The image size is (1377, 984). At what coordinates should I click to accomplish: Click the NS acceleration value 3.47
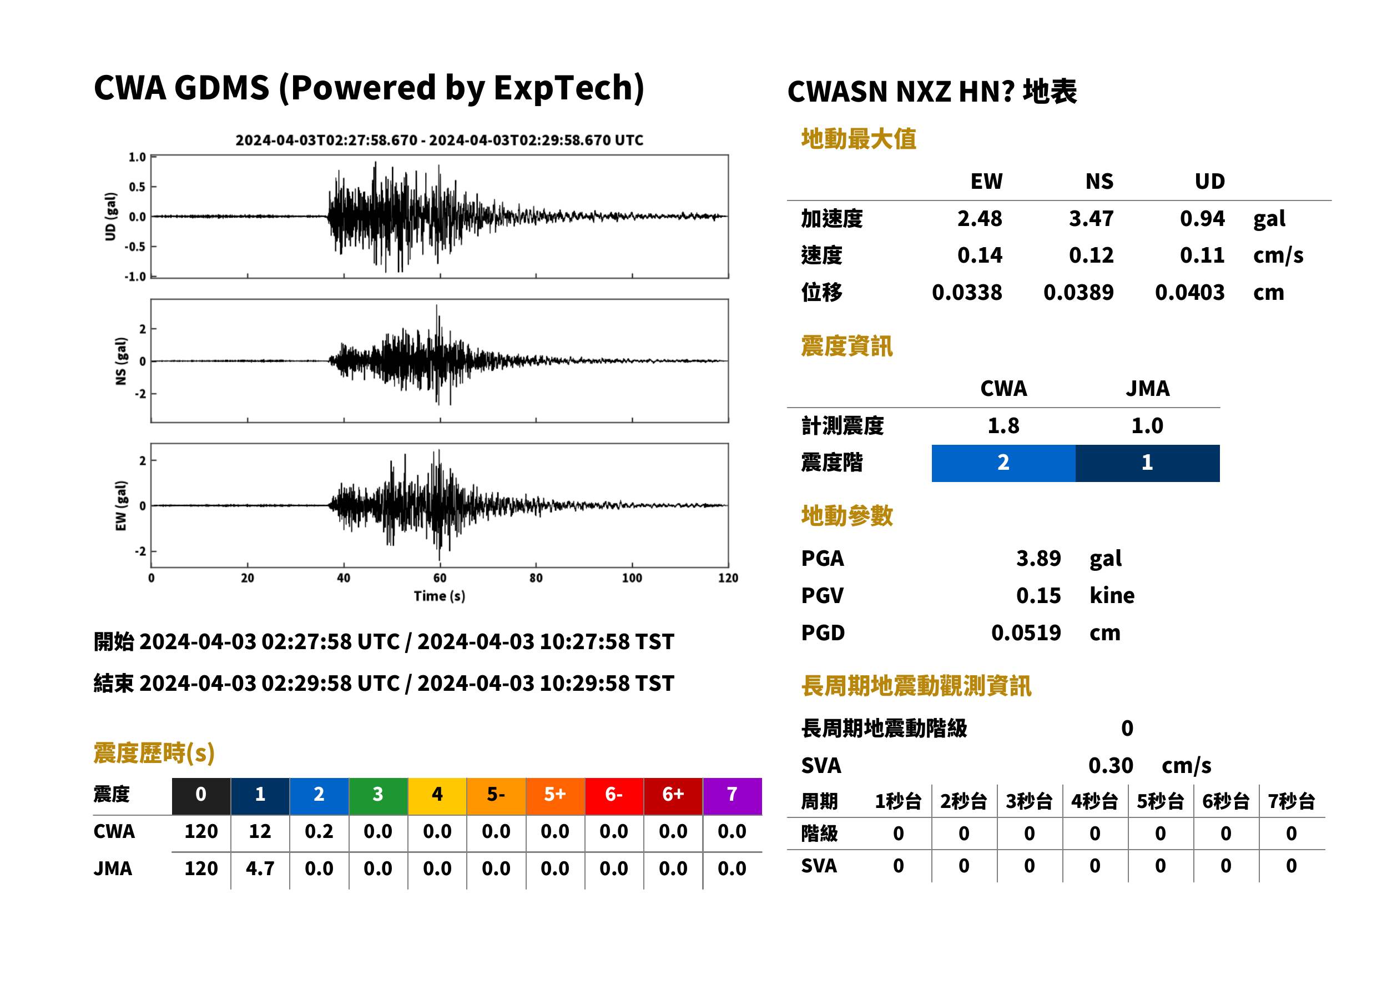pyautogui.click(x=1091, y=219)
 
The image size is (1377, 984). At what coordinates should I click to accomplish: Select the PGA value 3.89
pyautogui.click(x=1038, y=558)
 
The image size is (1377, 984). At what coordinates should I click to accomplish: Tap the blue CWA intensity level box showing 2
pyautogui.click(x=1003, y=463)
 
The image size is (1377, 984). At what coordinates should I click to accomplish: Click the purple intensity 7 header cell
pyautogui.click(x=732, y=796)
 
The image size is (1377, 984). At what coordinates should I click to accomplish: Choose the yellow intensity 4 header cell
pyautogui.click(x=437, y=796)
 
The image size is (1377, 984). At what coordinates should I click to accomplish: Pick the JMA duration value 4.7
pyautogui.click(x=260, y=868)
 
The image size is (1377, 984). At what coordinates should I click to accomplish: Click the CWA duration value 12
pyautogui.click(x=260, y=831)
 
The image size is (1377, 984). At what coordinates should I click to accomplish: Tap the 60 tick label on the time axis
pyautogui.click(x=440, y=578)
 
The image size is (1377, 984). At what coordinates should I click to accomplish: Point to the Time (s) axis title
pyautogui.click(x=440, y=596)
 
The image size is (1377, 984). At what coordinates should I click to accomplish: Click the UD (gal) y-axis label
pyautogui.click(x=110, y=217)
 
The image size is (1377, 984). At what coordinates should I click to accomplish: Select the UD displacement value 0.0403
pyautogui.click(x=1189, y=293)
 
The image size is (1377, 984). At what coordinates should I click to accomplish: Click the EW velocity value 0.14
pyautogui.click(x=979, y=255)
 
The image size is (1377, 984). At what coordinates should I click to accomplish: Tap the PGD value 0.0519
pyautogui.click(x=1026, y=632)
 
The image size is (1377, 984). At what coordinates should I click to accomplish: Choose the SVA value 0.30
pyautogui.click(x=1110, y=766)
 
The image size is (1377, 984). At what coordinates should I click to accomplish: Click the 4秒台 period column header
pyautogui.click(x=1094, y=802)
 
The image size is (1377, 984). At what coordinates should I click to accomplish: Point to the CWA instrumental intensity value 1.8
pyautogui.click(x=1003, y=426)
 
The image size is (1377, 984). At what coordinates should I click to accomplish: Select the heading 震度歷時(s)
pyautogui.click(x=154, y=753)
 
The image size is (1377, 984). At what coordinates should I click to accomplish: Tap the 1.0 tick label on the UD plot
pyautogui.click(x=138, y=157)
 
